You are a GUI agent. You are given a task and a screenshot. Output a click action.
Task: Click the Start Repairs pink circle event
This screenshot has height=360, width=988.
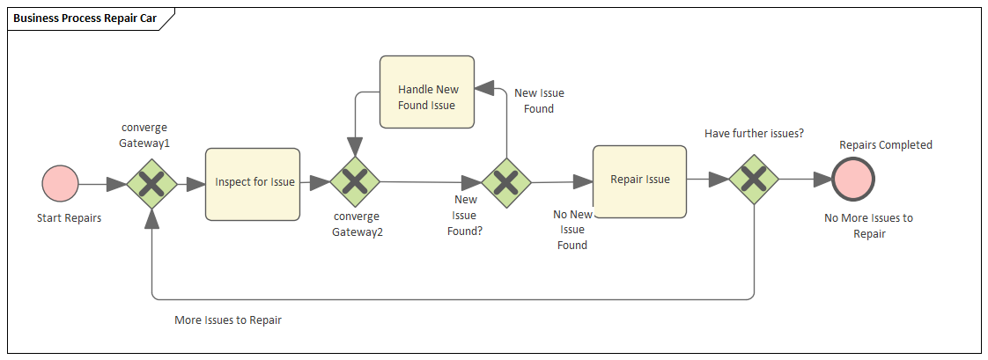point(61,185)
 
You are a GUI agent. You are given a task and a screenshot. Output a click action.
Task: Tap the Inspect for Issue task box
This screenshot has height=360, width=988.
point(253,183)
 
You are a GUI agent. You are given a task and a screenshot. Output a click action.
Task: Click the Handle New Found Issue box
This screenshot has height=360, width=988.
point(427,97)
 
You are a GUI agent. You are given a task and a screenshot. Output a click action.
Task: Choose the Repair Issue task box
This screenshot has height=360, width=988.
point(640,180)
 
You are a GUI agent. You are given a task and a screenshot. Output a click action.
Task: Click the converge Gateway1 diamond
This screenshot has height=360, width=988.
point(152,184)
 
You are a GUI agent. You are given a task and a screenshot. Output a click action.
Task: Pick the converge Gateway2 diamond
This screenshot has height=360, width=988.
point(355,182)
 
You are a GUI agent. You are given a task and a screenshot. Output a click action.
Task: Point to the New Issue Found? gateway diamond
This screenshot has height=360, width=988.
point(506,183)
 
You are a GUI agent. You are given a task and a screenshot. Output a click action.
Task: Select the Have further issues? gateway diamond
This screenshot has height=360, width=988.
point(755,180)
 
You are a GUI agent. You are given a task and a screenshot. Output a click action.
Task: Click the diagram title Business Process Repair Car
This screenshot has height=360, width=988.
point(85,18)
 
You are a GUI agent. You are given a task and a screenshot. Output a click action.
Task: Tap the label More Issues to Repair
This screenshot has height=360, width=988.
point(228,320)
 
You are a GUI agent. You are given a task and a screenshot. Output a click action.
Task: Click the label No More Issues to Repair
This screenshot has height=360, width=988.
point(868,226)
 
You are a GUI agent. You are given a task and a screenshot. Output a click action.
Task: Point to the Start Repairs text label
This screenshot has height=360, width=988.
point(69,218)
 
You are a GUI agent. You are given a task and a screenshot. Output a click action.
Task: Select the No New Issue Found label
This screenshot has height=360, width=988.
point(571,230)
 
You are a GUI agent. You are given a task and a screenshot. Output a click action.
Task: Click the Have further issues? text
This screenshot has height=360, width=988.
point(754,133)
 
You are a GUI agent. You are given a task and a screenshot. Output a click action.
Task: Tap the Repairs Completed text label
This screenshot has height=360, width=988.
point(885,145)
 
